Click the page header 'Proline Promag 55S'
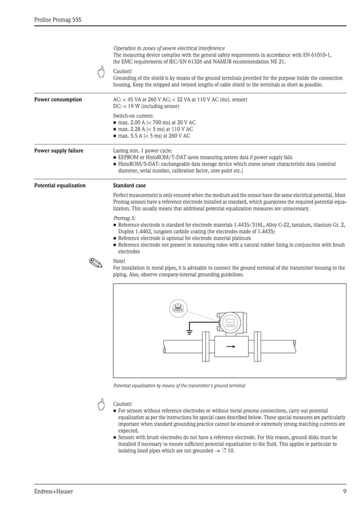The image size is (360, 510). coord(58,20)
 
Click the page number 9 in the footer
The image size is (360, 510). coord(344,491)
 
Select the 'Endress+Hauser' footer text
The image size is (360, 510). coord(54,491)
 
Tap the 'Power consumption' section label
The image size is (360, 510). coord(58,100)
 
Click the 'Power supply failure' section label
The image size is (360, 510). coord(59,151)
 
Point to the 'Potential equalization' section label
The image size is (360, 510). coord(60,185)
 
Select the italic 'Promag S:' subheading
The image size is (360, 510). coord(124,217)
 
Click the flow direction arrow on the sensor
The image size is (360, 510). coord(230,347)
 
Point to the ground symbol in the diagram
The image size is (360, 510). coord(190,330)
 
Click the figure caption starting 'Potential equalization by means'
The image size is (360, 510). coord(179,385)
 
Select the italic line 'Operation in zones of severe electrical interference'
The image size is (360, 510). coord(169,49)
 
